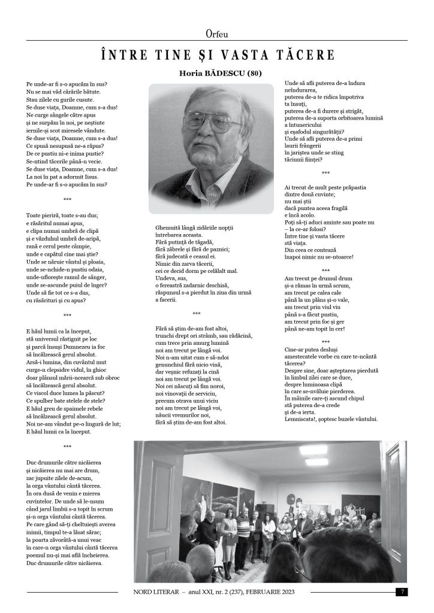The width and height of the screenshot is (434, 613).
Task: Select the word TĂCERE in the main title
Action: (x=301, y=55)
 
